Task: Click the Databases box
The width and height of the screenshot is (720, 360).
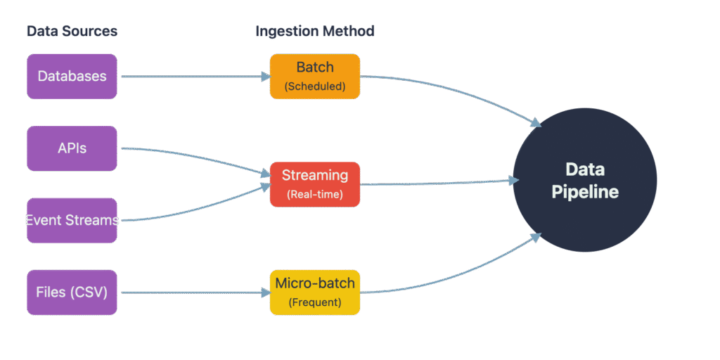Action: pos(72,76)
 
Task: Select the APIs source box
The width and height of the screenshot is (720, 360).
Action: pos(72,148)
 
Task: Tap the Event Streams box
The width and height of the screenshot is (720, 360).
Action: pos(72,220)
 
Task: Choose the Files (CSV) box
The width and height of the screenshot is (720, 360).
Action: pos(72,292)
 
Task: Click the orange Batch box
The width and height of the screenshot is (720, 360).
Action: pos(315,76)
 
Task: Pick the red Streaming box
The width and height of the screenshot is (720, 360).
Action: pos(315,184)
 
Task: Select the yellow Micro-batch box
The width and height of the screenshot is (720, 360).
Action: pos(315,292)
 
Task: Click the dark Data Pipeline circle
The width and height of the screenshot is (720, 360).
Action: pos(585,181)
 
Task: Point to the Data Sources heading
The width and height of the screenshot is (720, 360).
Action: pos(72,32)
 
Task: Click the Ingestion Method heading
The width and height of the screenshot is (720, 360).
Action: pos(314,32)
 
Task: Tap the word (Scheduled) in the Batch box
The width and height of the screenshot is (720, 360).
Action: pos(315,86)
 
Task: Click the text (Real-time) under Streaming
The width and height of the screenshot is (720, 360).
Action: pos(315,194)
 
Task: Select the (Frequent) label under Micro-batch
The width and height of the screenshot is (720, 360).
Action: pos(315,302)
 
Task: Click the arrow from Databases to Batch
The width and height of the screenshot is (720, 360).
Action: pos(193,77)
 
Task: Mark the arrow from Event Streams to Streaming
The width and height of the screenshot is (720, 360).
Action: pos(193,211)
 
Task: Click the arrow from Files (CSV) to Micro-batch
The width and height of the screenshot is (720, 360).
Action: pos(193,292)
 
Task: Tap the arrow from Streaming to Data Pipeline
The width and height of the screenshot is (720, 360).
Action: pos(436,183)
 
